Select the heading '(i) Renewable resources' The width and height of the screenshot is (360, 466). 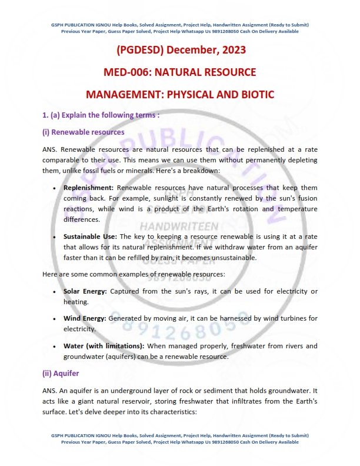click(83, 132)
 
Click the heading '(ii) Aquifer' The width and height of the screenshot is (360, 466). click(60, 373)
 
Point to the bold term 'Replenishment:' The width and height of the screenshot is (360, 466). click(89, 188)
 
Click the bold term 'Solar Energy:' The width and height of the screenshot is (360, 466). click(85, 291)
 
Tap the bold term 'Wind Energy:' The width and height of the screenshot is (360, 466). click(85, 318)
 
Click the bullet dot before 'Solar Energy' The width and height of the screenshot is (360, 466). click(54, 292)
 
